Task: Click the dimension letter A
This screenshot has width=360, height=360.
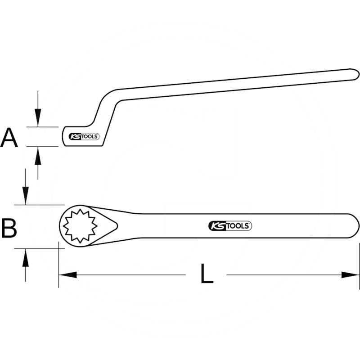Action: [9, 138]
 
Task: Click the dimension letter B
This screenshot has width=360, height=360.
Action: [9, 228]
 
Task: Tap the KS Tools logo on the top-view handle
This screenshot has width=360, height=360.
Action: [230, 226]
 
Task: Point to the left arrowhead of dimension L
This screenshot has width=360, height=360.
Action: [67, 274]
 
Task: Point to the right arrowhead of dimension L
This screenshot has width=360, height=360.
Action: [351, 274]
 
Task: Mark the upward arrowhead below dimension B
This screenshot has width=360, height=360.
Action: [26, 256]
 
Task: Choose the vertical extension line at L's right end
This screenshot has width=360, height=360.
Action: [359, 265]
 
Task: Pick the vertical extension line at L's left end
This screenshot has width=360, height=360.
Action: [58, 265]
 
